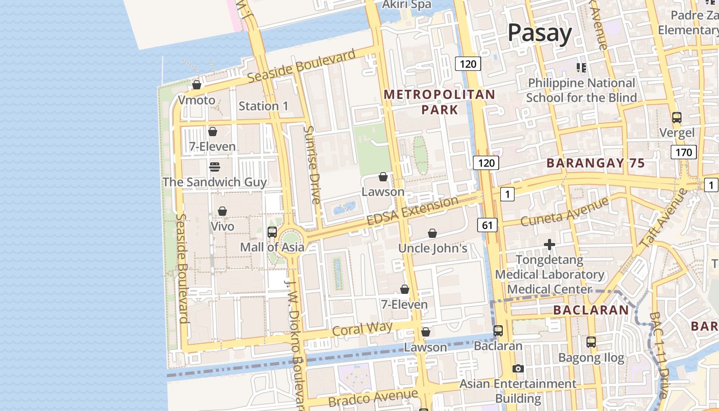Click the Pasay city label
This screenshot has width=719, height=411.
(x=539, y=33)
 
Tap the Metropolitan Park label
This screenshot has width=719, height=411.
(x=439, y=102)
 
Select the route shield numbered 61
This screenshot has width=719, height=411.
(x=487, y=225)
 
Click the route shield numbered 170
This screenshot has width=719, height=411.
(x=683, y=152)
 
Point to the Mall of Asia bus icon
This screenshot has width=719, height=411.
(x=272, y=232)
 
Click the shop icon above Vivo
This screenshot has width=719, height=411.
(x=222, y=211)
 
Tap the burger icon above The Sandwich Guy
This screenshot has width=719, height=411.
(x=214, y=167)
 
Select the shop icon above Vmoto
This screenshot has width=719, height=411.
(x=197, y=85)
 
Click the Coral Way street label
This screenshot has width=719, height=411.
(x=362, y=329)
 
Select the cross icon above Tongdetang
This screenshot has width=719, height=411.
(x=550, y=245)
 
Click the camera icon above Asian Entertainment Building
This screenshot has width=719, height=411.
(x=518, y=368)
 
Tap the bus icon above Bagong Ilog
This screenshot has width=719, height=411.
(x=591, y=342)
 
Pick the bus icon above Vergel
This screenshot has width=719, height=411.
(x=677, y=118)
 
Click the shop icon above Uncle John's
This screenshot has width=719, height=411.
(x=432, y=233)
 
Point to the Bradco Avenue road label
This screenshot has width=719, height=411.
(x=373, y=398)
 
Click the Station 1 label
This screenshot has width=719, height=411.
(x=263, y=106)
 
